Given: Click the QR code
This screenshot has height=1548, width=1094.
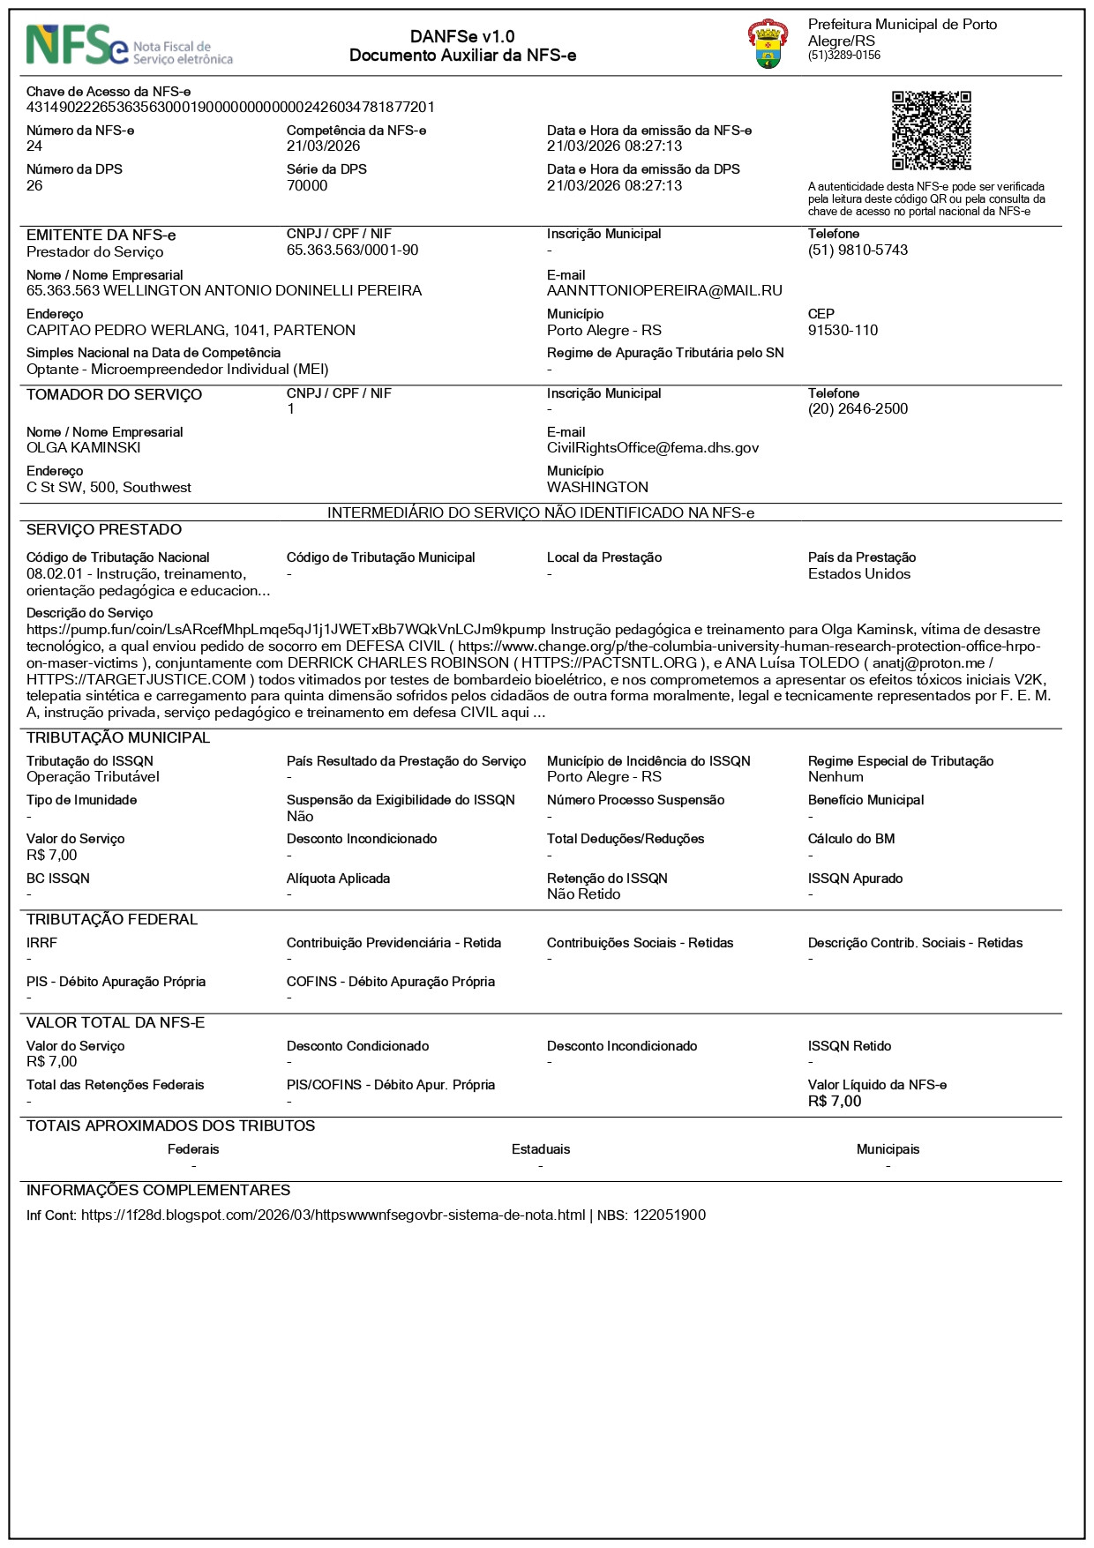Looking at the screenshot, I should click(931, 130).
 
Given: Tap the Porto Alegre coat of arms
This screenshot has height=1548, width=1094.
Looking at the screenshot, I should click(768, 45).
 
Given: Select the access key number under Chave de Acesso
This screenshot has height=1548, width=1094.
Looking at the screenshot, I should click(230, 108).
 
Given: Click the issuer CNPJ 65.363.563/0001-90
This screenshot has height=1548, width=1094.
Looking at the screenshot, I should click(352, 251).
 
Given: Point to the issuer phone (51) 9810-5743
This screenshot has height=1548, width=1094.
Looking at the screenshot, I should click(858, 251).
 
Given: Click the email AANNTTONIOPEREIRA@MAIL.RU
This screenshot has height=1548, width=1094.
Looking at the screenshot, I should click(664, 291).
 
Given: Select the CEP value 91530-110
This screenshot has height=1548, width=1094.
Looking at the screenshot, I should click(843, 331).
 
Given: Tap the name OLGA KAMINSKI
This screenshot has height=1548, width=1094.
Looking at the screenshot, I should click(84, 448).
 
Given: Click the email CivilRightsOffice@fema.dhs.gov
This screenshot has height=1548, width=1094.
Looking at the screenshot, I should click(653, 448).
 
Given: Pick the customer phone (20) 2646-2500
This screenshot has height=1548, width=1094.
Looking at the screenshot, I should click(858, 409).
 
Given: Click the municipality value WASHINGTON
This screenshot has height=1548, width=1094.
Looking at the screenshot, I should click(597, 488).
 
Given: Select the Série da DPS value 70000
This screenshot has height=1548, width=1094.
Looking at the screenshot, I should click(307, 186).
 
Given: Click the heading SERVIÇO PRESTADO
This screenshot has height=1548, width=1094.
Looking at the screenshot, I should click(104, 530).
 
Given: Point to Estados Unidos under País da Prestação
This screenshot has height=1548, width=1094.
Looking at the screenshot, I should click(858, 574).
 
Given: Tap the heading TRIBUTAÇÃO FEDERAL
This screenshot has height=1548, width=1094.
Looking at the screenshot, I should click(112, 920).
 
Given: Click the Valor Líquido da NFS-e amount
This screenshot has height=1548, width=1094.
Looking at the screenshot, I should click(834, 1102).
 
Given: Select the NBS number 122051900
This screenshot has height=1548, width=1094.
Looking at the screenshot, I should click(669, 1215).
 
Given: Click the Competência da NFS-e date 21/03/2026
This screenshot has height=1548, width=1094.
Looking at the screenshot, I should click(323, 146).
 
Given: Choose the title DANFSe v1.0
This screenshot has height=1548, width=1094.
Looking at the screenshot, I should click(462, 37).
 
